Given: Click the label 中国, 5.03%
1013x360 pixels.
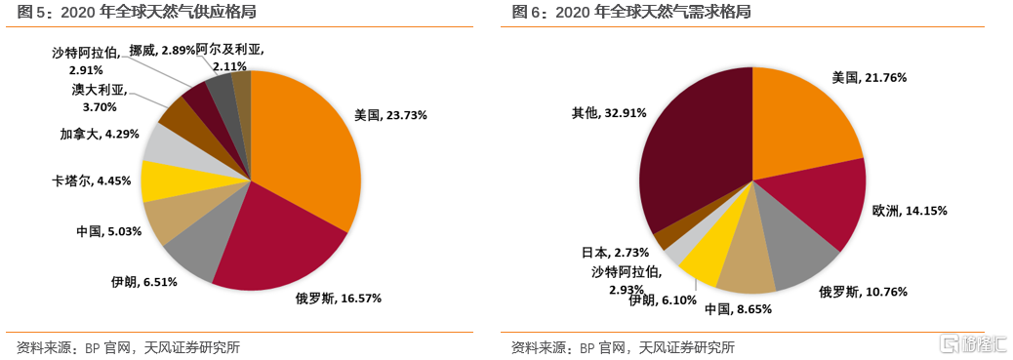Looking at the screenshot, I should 109,231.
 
